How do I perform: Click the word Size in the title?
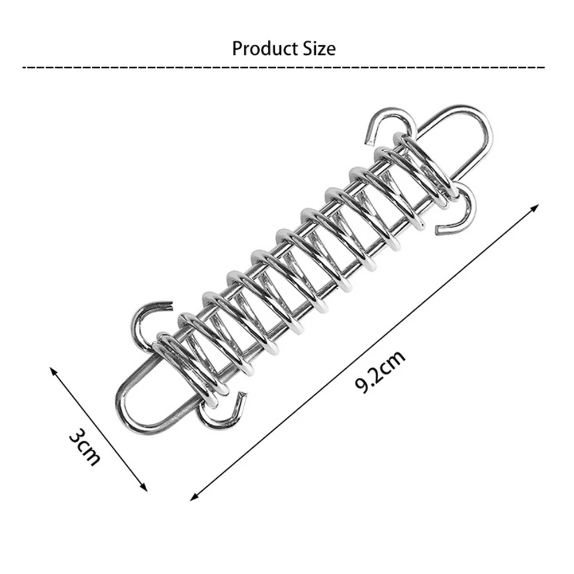pos(318,49)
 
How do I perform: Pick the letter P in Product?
pos(237,49)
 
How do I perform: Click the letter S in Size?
pos(306,49)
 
